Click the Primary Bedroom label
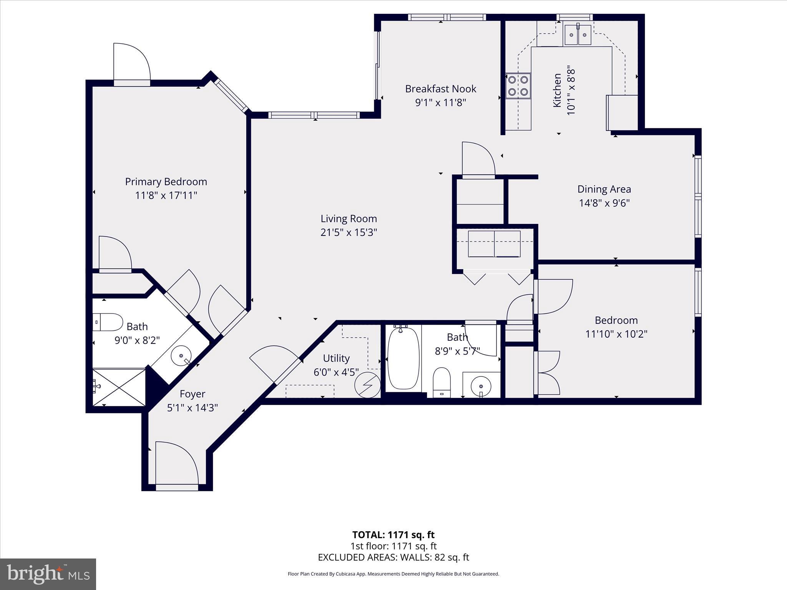(x=166, y=182)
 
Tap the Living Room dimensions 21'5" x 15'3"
(x=349, y=232)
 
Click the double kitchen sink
(x=578, y=35)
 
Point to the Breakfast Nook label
(x=440, y=89)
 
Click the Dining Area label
(x=604, y=189)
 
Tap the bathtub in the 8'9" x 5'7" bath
(x=403, y=357)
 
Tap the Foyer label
(x=193, y=394)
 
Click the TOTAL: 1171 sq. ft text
(x=393, y=535)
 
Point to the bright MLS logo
(x=48, y=574)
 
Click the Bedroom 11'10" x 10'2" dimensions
(x=616, y=334)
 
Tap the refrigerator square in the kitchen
(x=622, y=113)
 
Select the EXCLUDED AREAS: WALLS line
(x=393, y=557)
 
